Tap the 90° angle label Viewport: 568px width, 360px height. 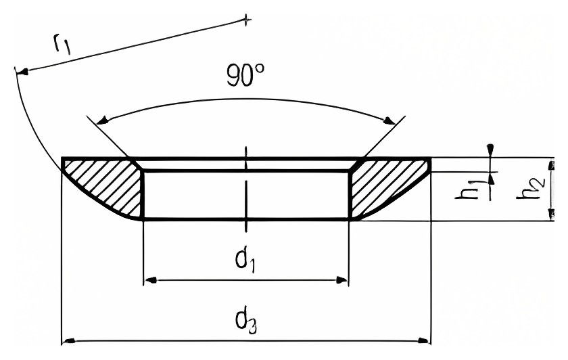245,74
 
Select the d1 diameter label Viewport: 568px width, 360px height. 245,259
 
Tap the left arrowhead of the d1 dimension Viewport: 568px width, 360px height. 150,280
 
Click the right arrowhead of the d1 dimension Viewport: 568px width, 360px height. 342,280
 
